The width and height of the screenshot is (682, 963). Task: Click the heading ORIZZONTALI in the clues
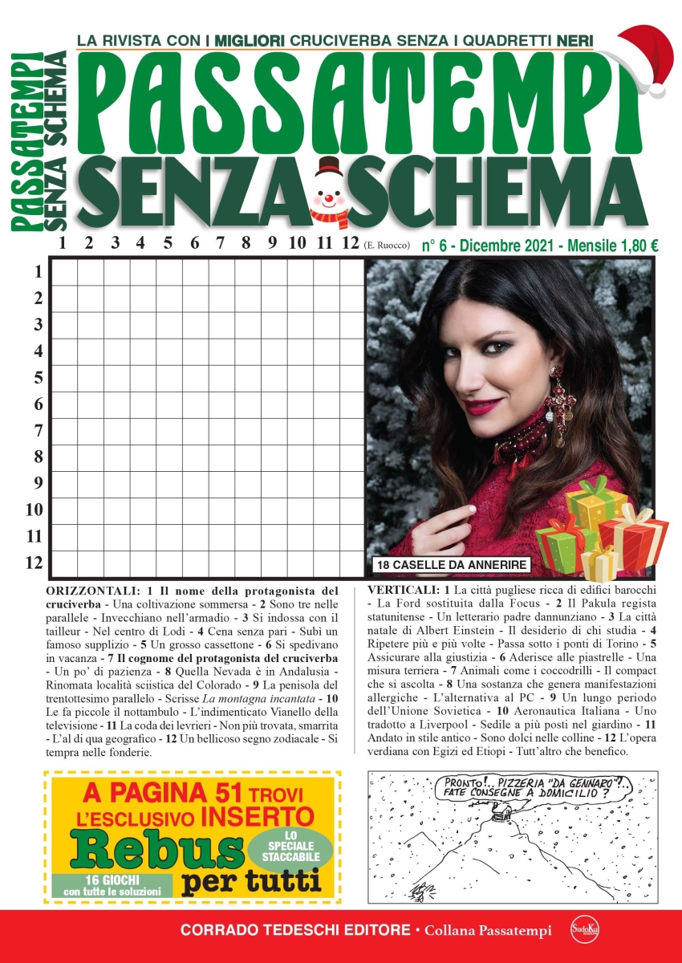point(96,590)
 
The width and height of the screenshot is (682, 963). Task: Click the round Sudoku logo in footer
point(580,931)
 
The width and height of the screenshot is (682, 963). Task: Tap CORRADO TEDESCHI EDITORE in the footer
point(295,931)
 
